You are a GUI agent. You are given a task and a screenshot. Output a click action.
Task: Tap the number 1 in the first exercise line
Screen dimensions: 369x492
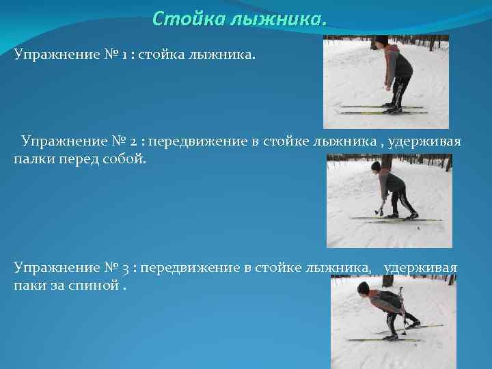tap(128, 53)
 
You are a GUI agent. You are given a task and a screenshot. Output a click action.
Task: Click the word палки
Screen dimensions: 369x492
tap(31, 159)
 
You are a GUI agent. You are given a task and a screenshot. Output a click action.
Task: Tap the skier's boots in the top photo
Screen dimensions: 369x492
tap(394, 107)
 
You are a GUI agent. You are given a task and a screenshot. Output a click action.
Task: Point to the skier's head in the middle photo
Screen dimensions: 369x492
tap(376, 167)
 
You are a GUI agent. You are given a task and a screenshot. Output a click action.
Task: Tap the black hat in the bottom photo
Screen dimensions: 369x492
tap(364, 287)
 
